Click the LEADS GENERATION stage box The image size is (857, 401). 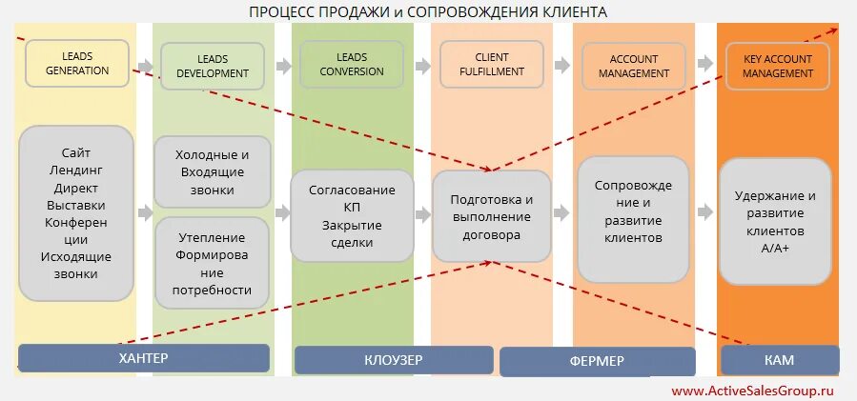[x=77, y=63]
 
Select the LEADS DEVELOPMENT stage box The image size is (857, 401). [x=213, y=66]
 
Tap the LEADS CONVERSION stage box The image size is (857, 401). [x=344, y=64]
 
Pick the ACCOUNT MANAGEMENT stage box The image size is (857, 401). [x=633, y=66]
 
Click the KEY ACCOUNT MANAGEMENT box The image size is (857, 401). [x=777, y=66]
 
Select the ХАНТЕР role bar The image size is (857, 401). [x=143, y=358]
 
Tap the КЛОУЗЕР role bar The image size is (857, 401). [x=393, y=360]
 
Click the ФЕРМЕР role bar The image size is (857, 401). [x=597, y=361]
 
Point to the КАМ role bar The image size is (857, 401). [x=779, y=360]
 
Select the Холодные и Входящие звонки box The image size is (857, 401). [x=213, y=171]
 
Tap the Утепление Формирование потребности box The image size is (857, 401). [x=213, y=263]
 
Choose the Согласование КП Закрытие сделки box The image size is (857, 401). [x=352, y=216]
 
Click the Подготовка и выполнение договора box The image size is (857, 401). [x=491, y=216]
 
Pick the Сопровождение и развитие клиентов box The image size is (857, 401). [x=633, y=220]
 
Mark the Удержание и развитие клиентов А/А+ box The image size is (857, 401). [x=776, y=222]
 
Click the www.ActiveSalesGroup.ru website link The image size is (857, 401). [x=752, y=391]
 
